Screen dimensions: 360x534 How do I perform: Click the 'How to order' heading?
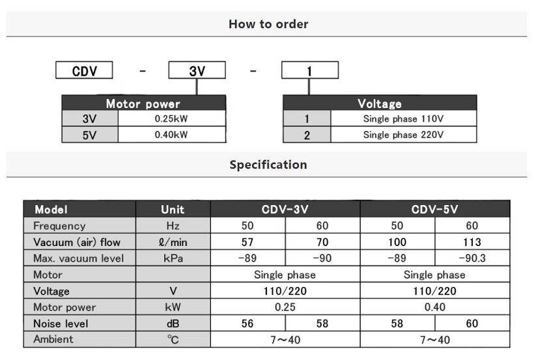(x=268, y=24)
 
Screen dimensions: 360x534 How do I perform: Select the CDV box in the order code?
(x=85, y=70)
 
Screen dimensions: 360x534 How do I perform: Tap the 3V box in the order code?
(x=197, y=70)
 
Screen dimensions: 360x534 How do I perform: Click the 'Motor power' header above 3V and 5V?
(x=143, y=104)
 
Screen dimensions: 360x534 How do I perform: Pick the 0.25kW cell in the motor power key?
(x=171, y=119)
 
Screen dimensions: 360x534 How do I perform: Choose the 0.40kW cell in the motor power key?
(x=171, y=135)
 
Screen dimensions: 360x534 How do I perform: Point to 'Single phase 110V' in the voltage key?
(x=403, y=119)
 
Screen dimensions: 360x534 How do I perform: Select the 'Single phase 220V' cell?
(x=403, y=135)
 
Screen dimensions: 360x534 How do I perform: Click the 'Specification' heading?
(x=268, y=165)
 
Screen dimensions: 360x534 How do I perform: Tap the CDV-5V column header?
(x=434, y=210)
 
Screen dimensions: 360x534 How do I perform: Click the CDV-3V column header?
(x=285, y=210)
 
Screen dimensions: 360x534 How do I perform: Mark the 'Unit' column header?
(x=173, y=210)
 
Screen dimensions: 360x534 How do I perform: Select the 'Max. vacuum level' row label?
(x=78, y=258)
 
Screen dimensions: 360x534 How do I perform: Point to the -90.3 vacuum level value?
(x=472, y=258)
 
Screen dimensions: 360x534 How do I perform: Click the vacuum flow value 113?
(x=472, y=242)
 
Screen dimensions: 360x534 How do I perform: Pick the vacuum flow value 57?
(x=247, y=242)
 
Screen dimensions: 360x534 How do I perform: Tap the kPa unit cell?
(x=173, y=258)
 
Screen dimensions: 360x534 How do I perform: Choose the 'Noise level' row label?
(x=60, y=324)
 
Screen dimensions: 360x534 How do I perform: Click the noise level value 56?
(x=247, y=324)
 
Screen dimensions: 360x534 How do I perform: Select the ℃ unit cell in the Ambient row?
(x=173, y=340)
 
